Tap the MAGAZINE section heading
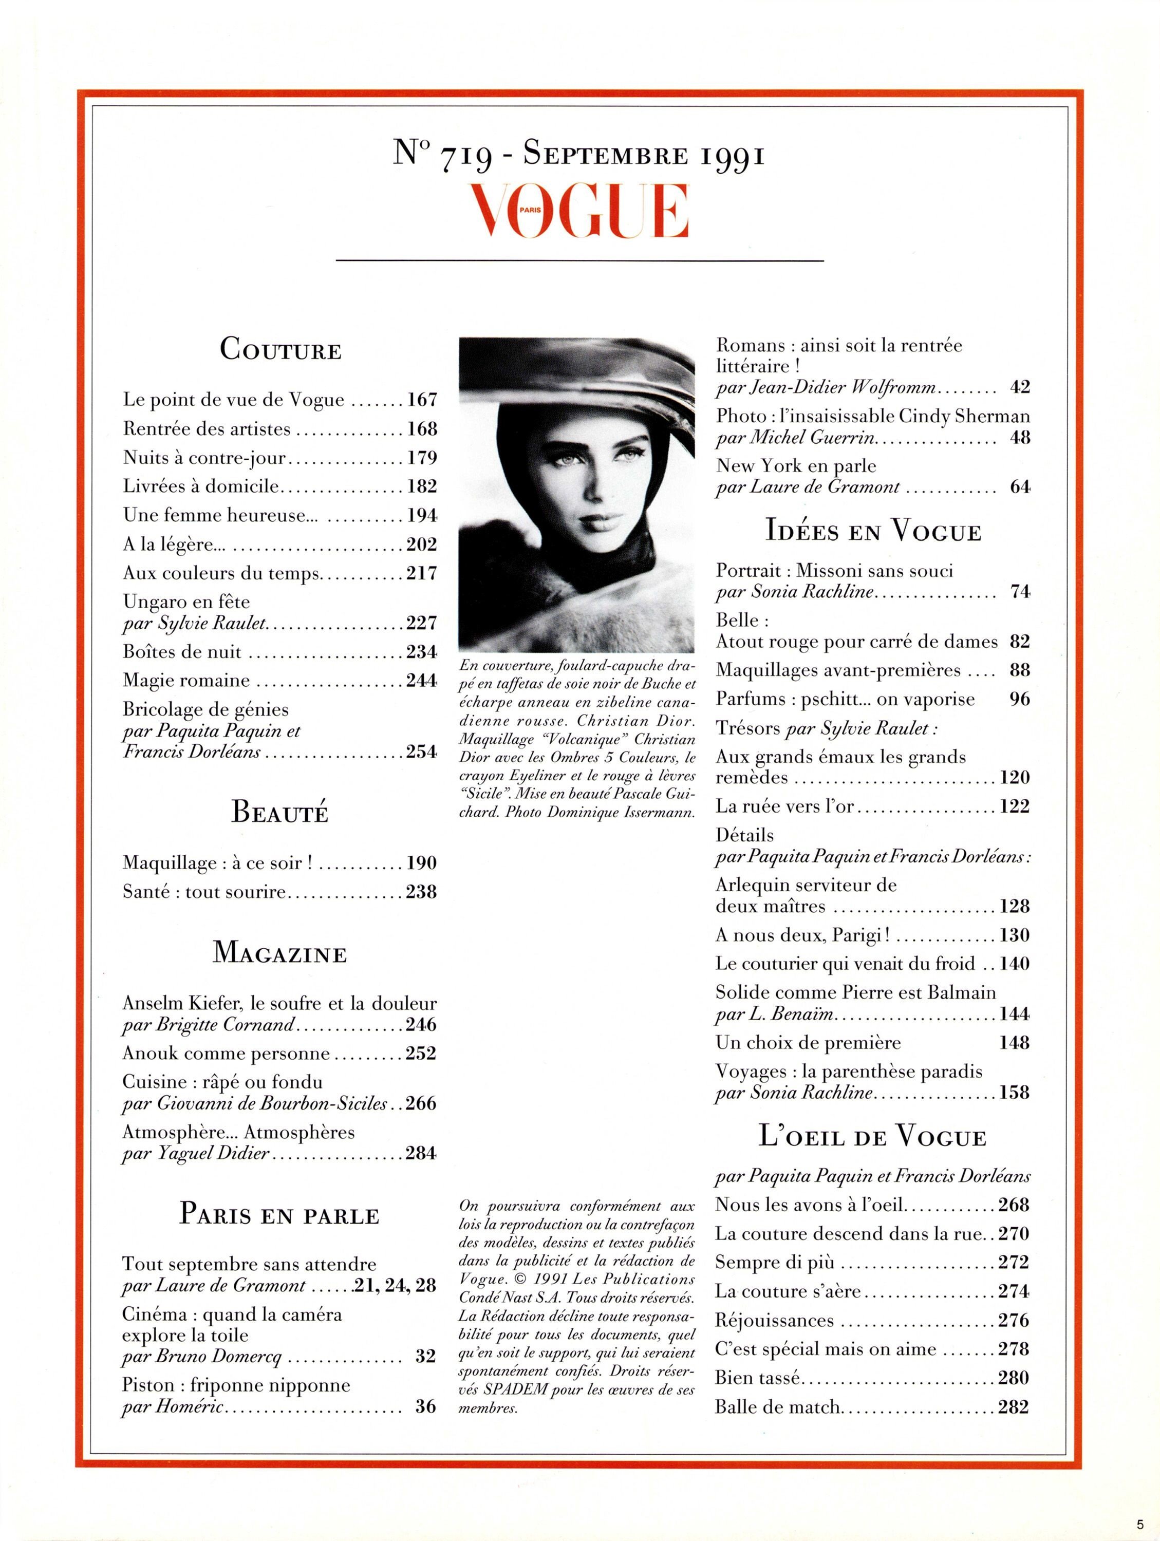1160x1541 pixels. pos(279,952)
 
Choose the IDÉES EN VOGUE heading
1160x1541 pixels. pos(873,531)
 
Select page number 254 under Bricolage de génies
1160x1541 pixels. pos(421,751)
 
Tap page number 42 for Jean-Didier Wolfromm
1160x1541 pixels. pos(1019,387)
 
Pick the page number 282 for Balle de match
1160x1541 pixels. pos(1013,1407)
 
